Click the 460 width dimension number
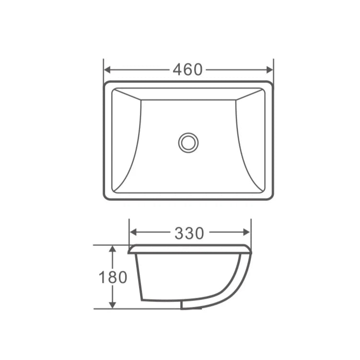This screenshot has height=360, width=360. click(188, 70)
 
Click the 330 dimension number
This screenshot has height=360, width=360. click(189, 233)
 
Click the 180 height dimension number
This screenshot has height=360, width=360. click(113, 277)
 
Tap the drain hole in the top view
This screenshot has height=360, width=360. click(188, 142)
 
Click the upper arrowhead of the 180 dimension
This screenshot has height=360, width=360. click(112, 249)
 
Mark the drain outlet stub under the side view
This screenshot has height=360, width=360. click(191, 305)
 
